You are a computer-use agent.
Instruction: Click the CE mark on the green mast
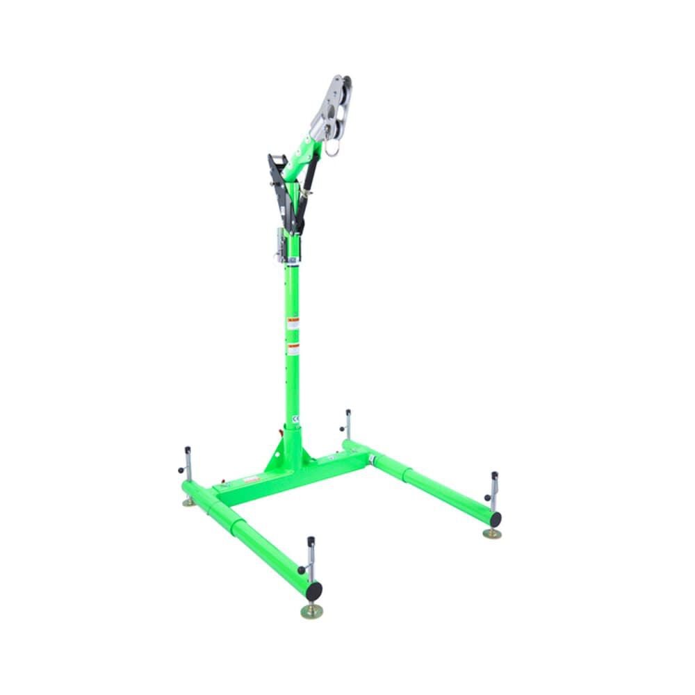click(x=295, y=419)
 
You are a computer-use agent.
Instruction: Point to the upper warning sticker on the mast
click(x=293, y=323)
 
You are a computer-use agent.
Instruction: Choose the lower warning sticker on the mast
click(x=293, y=349)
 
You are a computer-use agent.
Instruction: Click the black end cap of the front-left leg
click(x=314, y=590)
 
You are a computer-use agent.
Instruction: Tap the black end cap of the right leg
click(x=495, y=518)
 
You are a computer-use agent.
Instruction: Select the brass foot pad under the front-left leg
click(x=312, y=612)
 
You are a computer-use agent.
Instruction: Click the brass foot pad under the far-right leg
click(x=493, y=534)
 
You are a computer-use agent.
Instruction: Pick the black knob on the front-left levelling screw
click(x=302, y=570)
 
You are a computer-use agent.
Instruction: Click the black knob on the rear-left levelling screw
click(x=181, y=470)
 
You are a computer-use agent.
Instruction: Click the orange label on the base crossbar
click(x=252, y=479)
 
